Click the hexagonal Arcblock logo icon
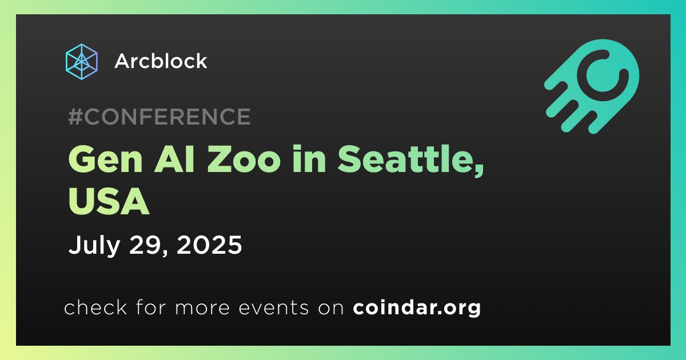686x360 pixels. pyautogui.click(x=82, y=62)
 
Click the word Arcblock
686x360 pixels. pyautogui.click(x=161, y=61)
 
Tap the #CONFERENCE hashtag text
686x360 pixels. pyautogui.click(x=159, y=117)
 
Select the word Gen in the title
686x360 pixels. pyautogui.click(x=106, y=160)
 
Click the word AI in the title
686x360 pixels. pyautogui.click(x=174, y=160)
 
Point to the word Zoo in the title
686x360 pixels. pyautogui.click(x=244, y=160)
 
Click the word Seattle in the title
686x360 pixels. pyautogui.click(x=404, y=159)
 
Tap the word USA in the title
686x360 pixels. pyautogui.click(x=109, y=202)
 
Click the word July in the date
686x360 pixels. pyautogui.click(x=94, y=245)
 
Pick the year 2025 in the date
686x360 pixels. pyautogui.click(x=209, y=245)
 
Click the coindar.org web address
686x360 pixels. pyautogui.click(x=417, y=307)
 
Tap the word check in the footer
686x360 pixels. pyautogui.click(x=95, y=307)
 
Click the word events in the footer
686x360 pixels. pyautogui.click(x=273, y=307)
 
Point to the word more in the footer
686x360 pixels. pyautogui.click(x=202, y=308)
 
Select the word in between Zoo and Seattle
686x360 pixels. pyautogui.click(x=309, y=159)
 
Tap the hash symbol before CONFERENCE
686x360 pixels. pyautogui.click(x=75, y=117)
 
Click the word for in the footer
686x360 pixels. pyautogui.click(x=151, y=307)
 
